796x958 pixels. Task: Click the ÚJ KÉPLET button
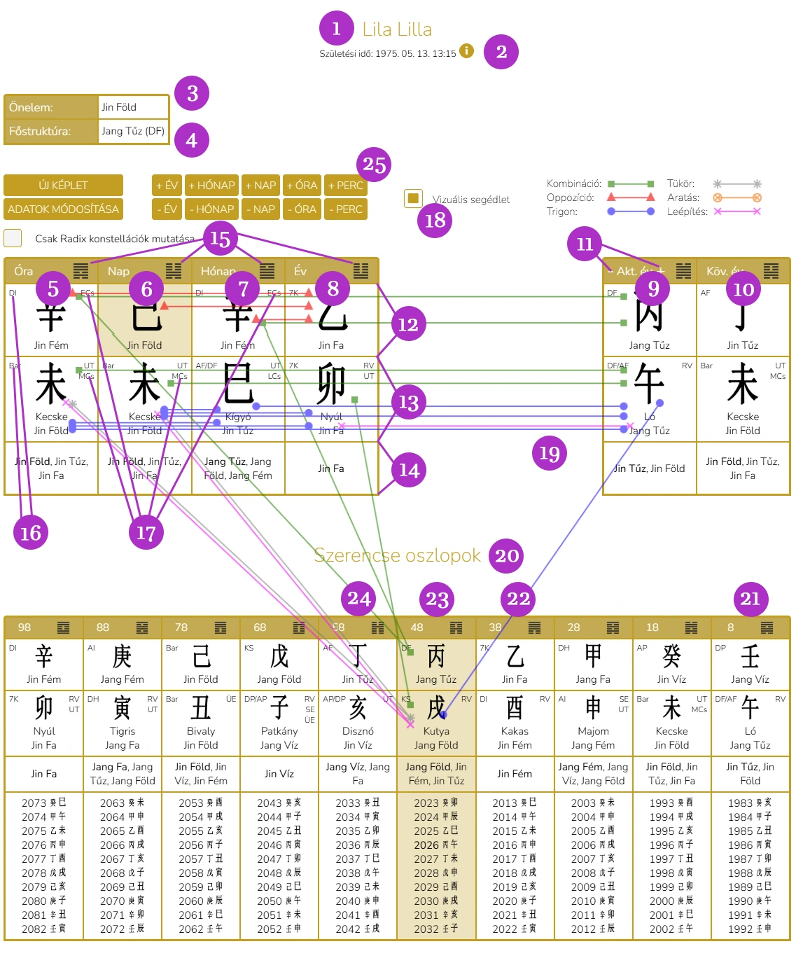pyautogui.click(x=63, y=186)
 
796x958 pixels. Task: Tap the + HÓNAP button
pyautogui.click(x=211, y=186)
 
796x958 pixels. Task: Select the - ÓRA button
pyautogui.click(x=302, y=209)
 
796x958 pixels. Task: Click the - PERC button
pyautogui.click(x=345, y=209)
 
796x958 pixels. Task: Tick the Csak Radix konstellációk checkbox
pyautogui.click(x=13, y=238)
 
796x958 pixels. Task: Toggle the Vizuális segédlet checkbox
pyautogui.click(x=413, y=198)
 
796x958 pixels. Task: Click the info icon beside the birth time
pyautogui.click(x=466, y=51)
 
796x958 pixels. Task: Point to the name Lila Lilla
pyautogui.click(x=397, y=29)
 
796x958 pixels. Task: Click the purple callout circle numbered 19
pyautogui.click(x=549, y=453)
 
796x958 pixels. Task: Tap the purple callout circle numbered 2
pyautogui.click(x=501, y=51)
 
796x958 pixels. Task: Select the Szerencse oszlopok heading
pyautogui.click(x=397, y=555)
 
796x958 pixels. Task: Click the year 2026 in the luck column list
pyautogui.click(x=426, y=845)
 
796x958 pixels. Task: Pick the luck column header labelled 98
pyautogui.click(x=25, y=627)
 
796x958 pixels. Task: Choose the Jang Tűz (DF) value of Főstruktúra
pyautogui.click(x=133, y=131)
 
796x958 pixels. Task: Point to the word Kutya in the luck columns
pyautogui.click(x=435, y=731)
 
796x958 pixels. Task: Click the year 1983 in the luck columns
pyautogui.click(x=740, y=803)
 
